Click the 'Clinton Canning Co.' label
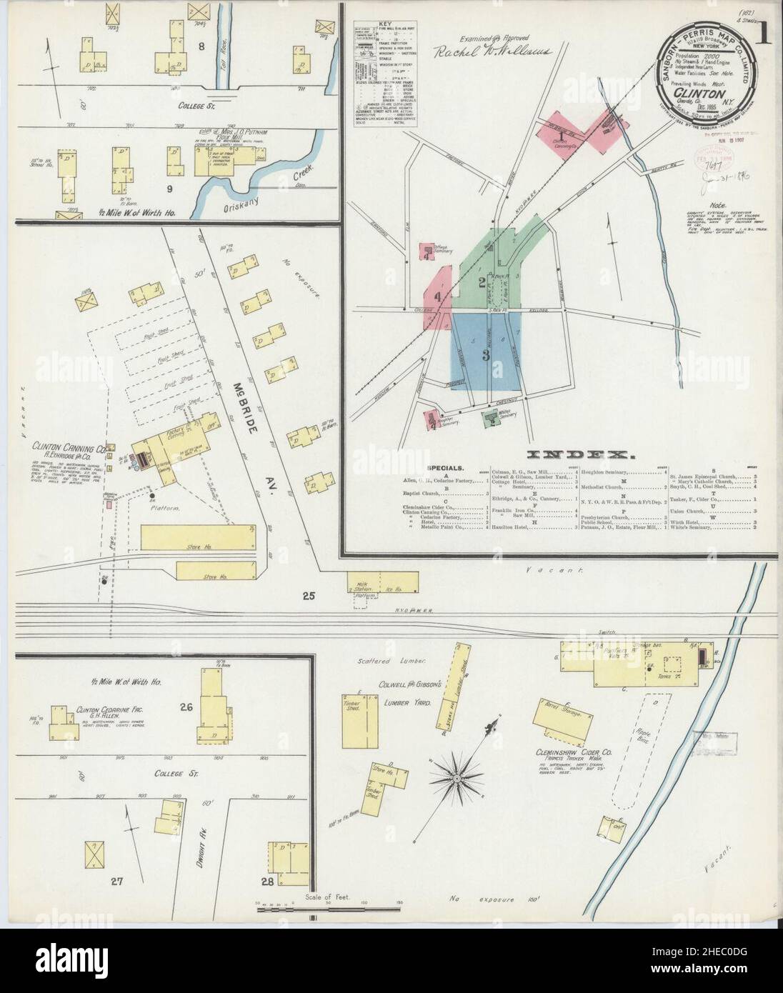point(69,448)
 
